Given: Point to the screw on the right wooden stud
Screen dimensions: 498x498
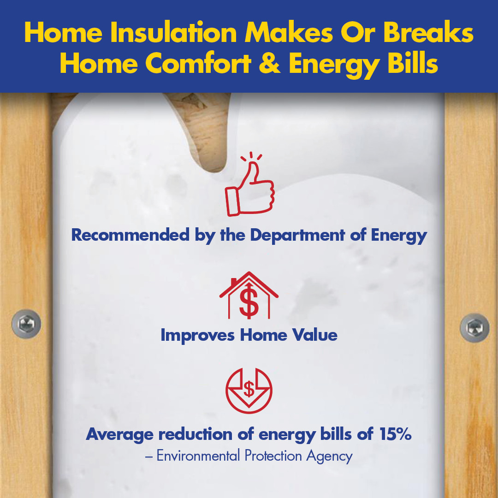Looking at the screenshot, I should coord(474,327).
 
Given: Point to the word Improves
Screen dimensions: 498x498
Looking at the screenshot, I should coord(198,335).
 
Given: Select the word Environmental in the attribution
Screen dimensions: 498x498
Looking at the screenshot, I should coord(197,456).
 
